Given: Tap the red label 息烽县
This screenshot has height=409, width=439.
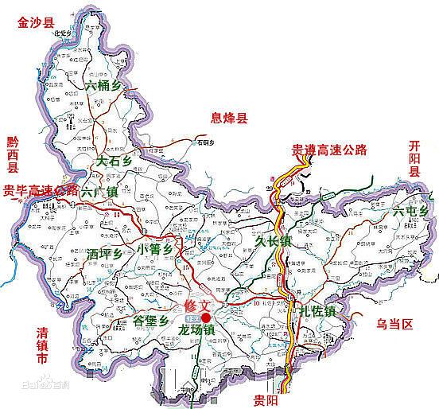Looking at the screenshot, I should coord(229,119).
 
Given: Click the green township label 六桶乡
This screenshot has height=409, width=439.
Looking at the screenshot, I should coord(105,82).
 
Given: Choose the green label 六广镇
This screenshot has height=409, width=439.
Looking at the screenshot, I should coord(99,192).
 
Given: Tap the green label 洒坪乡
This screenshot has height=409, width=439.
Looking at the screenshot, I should coord(107,254).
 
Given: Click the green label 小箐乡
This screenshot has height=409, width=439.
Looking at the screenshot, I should coord(155,250).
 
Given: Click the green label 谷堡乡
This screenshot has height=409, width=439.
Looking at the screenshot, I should coord(150,320).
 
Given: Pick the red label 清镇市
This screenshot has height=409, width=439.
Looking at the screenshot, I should coord(36,346).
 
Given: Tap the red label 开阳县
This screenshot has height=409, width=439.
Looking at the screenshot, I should coord(414,159).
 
